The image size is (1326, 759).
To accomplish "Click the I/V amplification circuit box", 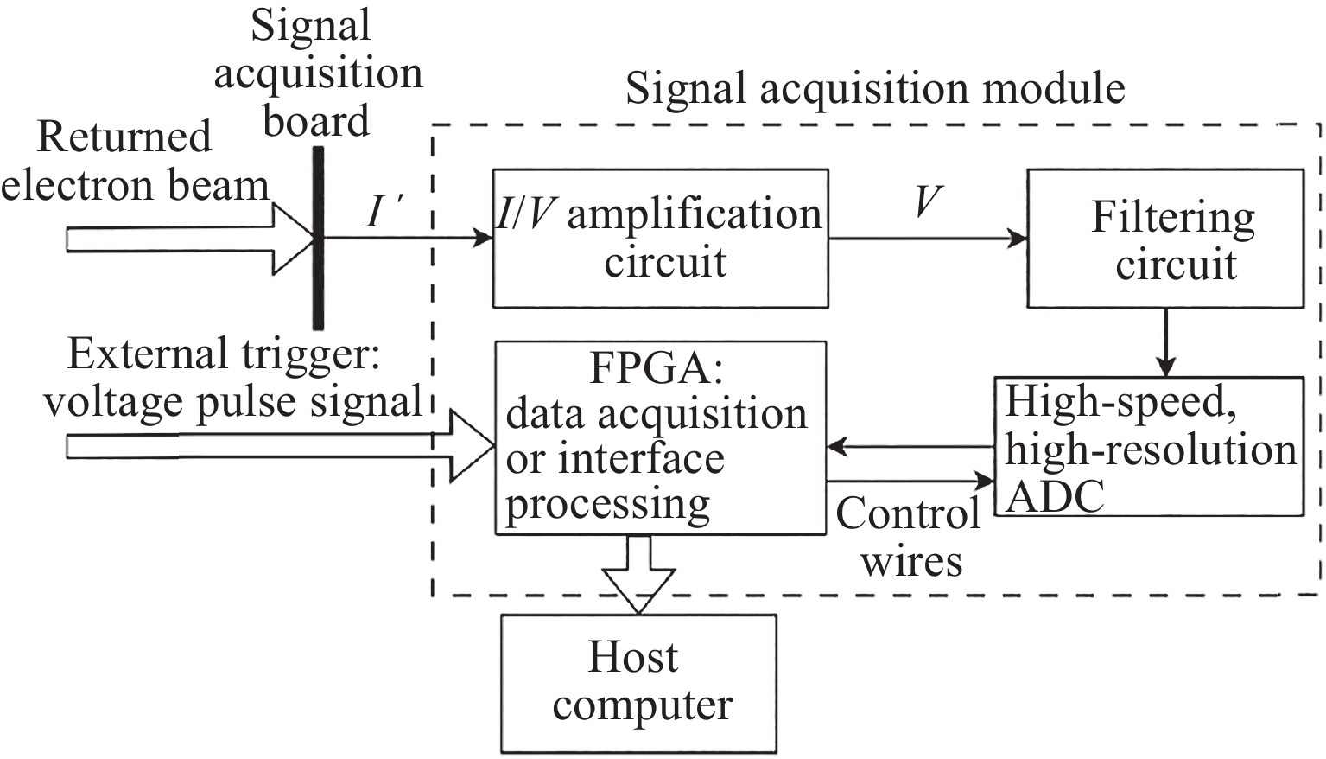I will pyautogui.click(x=660, y=238).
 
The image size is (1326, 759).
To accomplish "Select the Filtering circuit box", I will pyautogui.click(x=1164, y=238).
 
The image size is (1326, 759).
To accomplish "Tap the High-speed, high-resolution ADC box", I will pyautogui.click(x=1149, y=446).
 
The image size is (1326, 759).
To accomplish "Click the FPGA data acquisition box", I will pyautogui.click(x=660, y=437).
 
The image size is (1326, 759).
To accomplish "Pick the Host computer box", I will pyautogui.click(x=638, y=683).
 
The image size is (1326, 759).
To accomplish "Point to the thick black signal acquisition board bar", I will pyautogui.click(x=319, y=238).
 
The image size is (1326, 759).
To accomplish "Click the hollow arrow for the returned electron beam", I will pyautogui.click(x=190, y=239).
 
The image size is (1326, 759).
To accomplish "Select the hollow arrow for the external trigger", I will pyautogui.click(x=276, y=446).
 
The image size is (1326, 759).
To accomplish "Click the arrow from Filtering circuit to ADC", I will pyautogui.click(x=1166, y=342).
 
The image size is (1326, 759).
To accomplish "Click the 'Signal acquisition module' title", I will pyautogui.click(x=875, y=89).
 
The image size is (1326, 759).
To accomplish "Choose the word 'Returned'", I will pyautogui.click(x=124, y=137).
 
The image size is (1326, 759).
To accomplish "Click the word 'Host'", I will pyautogui.click(x=632, y=657).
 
